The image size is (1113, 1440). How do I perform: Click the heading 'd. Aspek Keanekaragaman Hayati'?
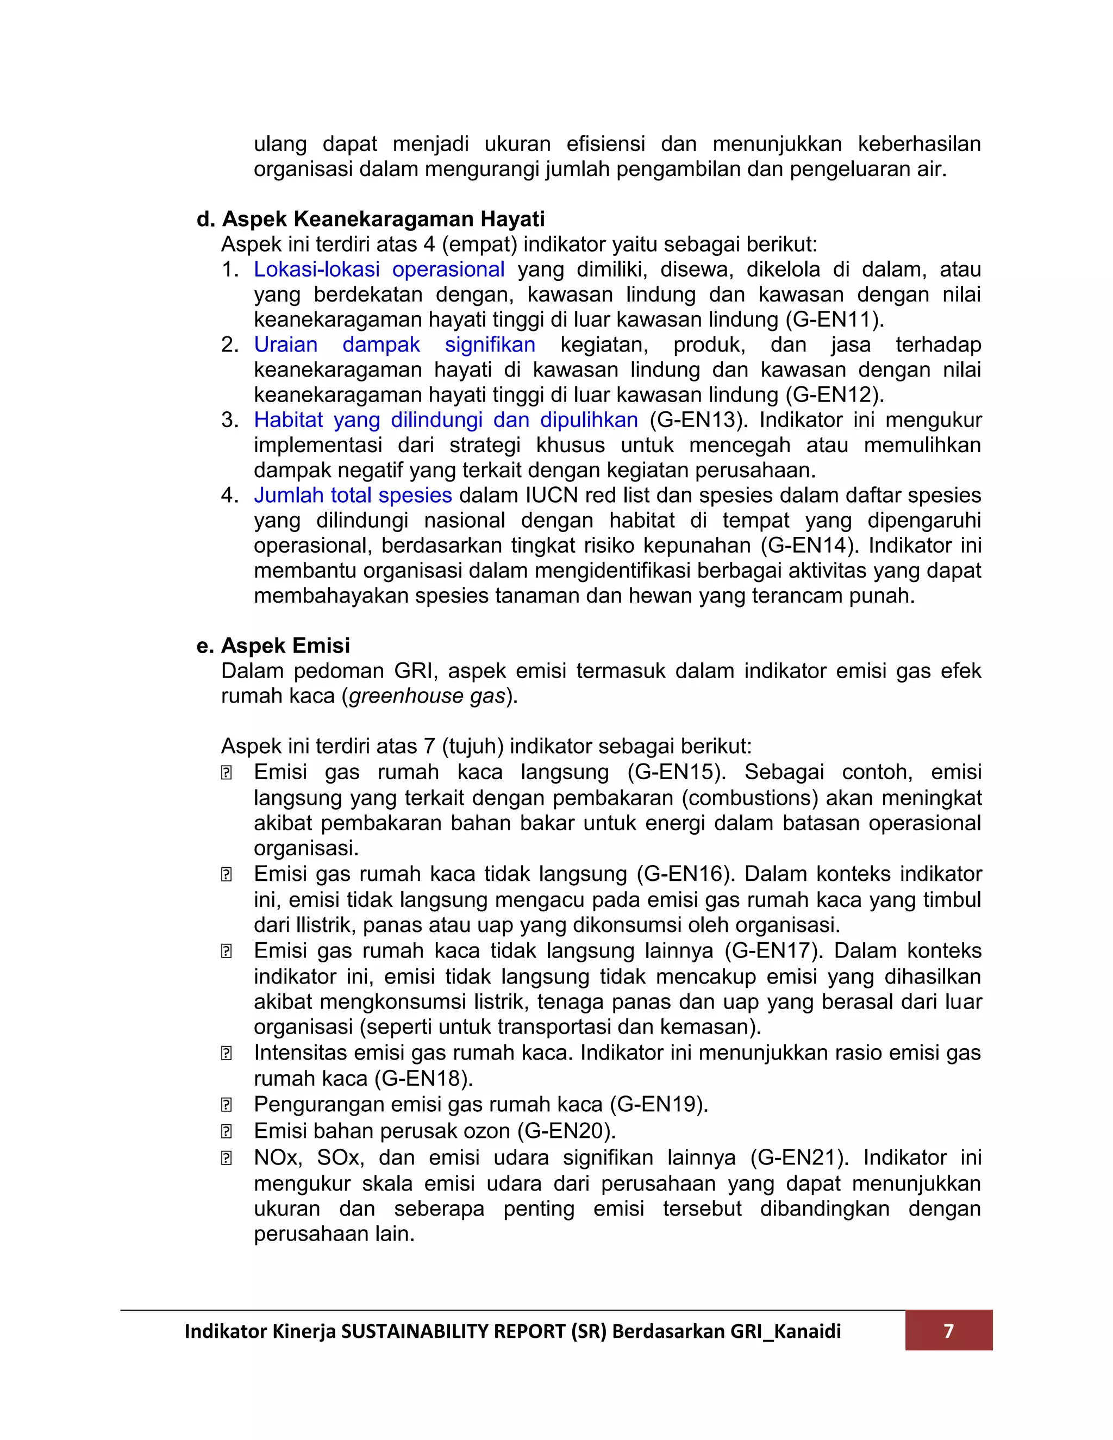coord(371,219)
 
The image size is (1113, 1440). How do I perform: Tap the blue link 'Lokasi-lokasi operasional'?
coord(379,270)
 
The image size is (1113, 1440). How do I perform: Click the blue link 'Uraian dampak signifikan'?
coord(395,345)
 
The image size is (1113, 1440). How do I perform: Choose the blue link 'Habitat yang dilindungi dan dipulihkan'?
coord(446,420)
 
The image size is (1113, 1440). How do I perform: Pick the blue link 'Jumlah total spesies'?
coord(353,495)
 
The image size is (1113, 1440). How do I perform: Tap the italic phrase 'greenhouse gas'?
coord(427,696)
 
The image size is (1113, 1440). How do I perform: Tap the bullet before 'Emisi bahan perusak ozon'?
coord(226,1131)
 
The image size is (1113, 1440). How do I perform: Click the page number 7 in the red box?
coord(948,1331)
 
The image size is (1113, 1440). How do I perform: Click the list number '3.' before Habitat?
coord(229,420)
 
